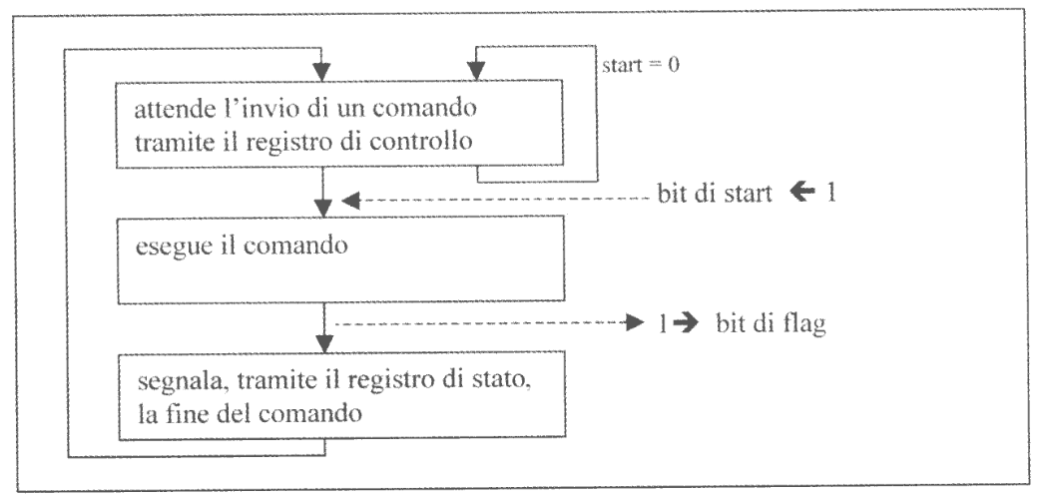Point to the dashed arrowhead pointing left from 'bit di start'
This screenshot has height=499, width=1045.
tap(350, 203)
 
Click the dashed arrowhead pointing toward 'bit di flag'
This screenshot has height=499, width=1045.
tap(628, 322)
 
